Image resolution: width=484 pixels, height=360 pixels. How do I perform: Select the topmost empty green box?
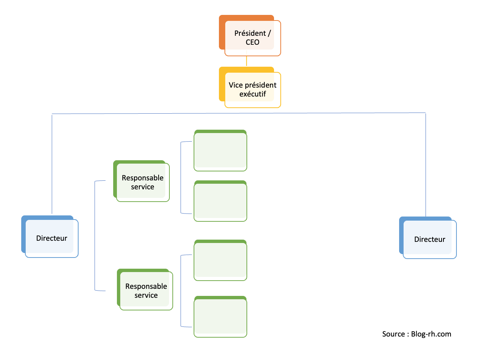tap(220, 151)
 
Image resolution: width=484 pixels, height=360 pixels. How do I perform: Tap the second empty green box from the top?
tap(220, 201)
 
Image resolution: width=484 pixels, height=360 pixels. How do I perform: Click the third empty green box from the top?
tap(220, 260)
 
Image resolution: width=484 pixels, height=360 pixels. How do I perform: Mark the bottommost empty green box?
tap(220, 317)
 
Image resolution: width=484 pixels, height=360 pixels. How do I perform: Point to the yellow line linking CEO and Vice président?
tap(246, 61)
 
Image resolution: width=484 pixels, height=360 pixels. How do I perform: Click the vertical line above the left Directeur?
tap(52, 164)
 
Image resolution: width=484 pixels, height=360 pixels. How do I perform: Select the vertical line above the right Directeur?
tap(426, 164)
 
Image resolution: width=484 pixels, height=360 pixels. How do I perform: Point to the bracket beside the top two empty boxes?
tap(181, 177)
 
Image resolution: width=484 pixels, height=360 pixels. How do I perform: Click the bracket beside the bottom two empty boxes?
tap(181, 291)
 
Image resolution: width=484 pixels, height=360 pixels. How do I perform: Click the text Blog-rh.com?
tap(431, 334)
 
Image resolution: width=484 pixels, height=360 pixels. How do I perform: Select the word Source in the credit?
tap(394, 334)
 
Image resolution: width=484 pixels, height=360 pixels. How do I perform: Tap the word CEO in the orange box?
tap(252, 42)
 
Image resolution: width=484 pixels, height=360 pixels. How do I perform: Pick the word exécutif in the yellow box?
tap(252, 94)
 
